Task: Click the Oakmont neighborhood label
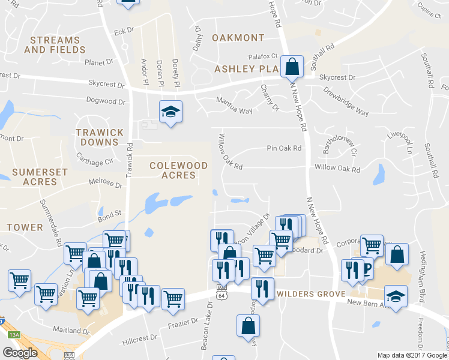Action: pos(238,38)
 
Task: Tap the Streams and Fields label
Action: pos(55,45)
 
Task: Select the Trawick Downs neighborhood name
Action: pos(100,137)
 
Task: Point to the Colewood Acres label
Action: pos(178,170)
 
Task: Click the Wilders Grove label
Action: pos(311,294)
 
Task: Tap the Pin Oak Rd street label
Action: pos(284,148)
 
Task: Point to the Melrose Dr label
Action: pos(89,182)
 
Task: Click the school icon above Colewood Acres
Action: pos(170,111)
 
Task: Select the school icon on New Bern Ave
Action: pos(396,296)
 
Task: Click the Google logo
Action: pos(20,353)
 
